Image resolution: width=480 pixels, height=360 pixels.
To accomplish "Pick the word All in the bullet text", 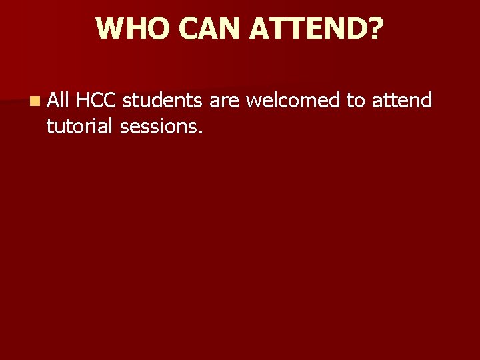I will tap(59, 101).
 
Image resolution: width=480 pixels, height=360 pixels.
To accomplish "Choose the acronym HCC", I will tap(97, 101).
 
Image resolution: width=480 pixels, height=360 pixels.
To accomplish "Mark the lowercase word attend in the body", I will tap(402, 101).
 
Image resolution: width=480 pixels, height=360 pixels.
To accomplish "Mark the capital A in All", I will tap(53, 101).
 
